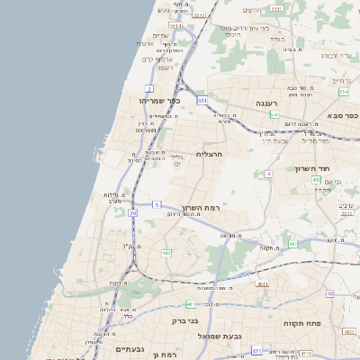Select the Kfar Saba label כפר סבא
(343, 115)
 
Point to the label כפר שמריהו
(160, 101)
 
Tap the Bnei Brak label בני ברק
(184, 319)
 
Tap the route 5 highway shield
(157, 204)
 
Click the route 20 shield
(133, 213)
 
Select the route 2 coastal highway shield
(149, 88)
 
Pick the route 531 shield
(202, 101)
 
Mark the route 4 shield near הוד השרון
(268, 173)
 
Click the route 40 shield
(330, 293)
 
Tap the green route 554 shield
(344, 92)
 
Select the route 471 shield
(256, 350)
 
